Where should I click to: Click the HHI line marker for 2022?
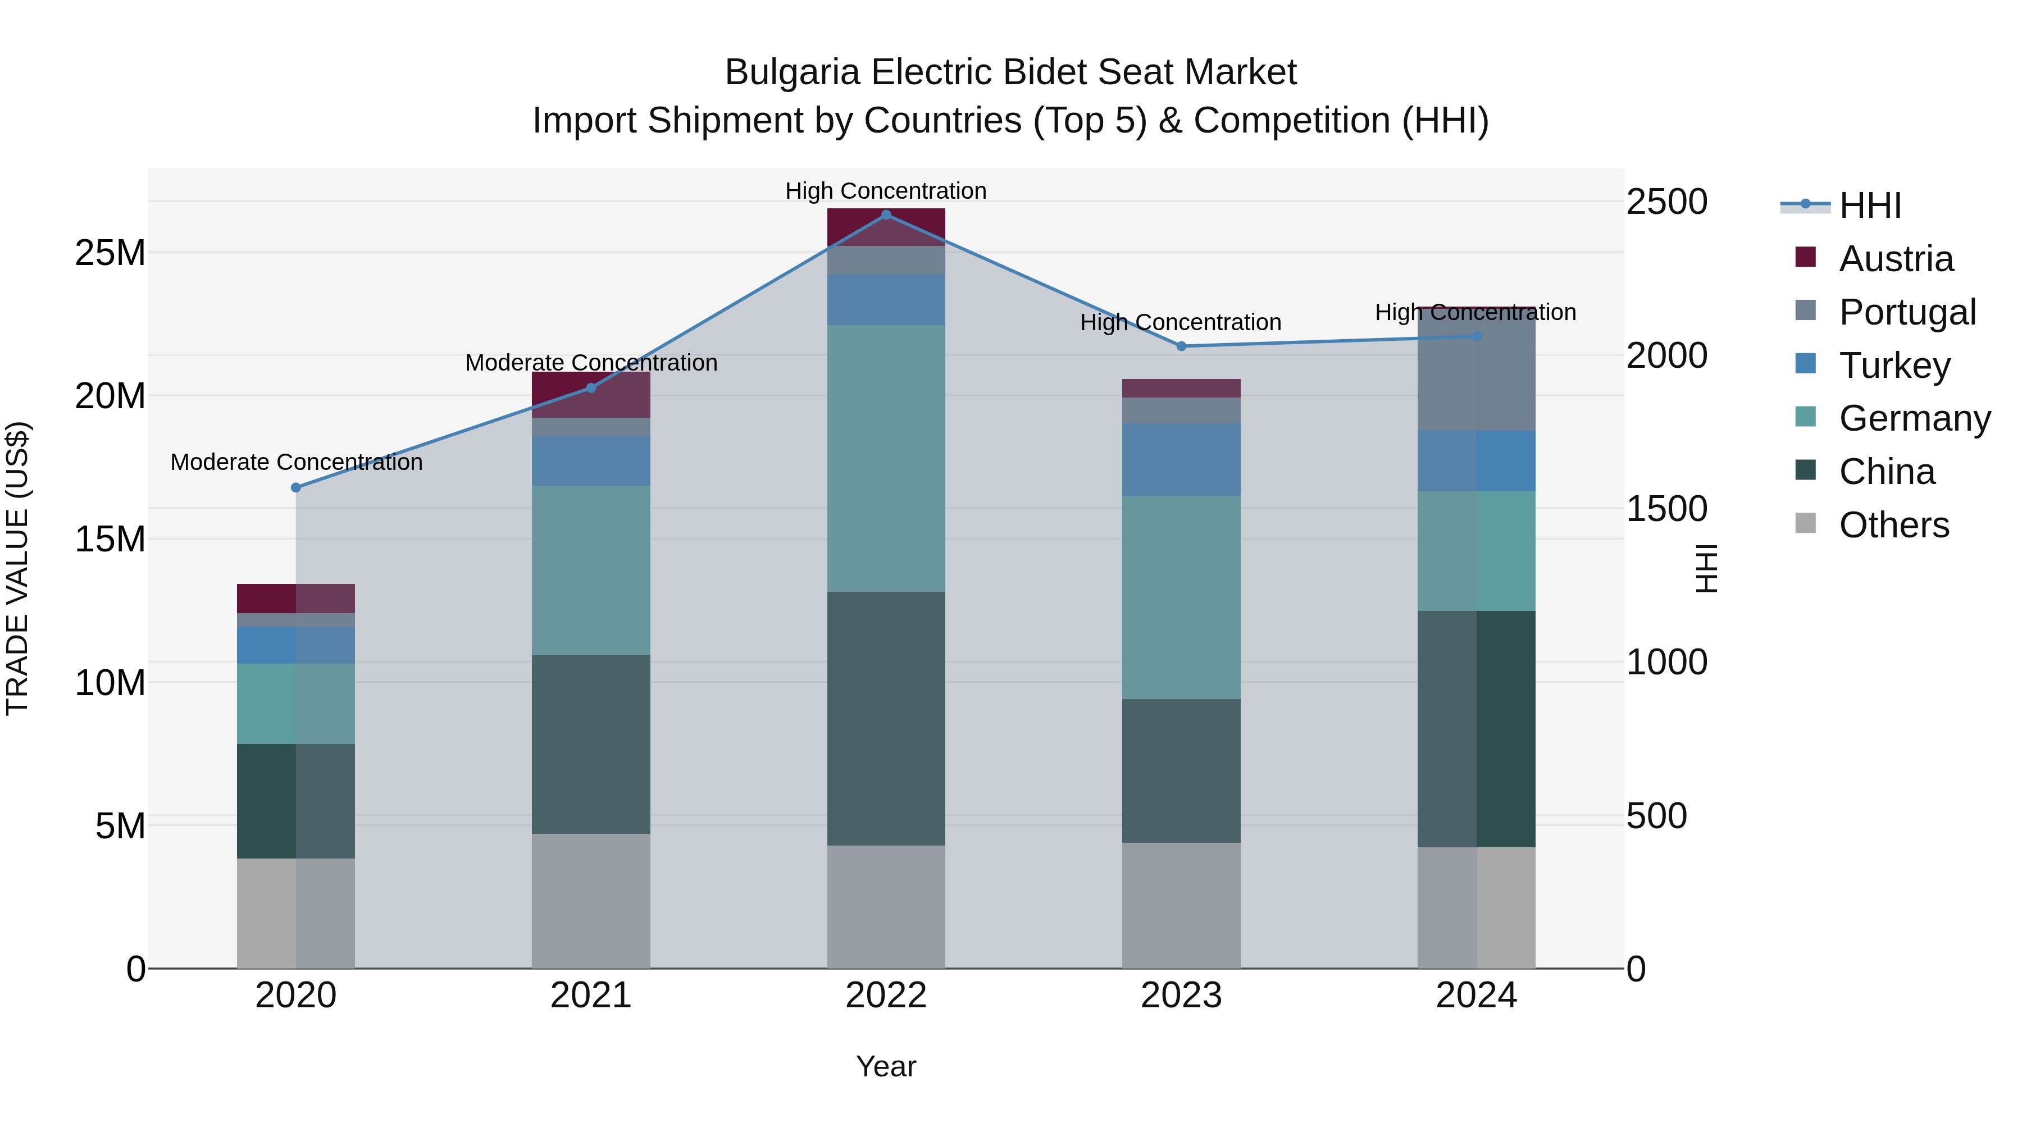coord(886,215)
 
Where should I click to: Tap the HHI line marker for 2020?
coord(296,488)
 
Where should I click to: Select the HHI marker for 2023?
coord(1181,346)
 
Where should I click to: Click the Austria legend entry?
coord(1896,259)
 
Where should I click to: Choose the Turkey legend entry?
coord(1894,366)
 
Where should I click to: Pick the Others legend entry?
coord(1893,525)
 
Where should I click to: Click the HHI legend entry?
coord(1870,206)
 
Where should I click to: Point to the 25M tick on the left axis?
coord(110,253)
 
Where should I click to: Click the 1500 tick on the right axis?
coord(1666,509)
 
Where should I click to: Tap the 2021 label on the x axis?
coord(591,996)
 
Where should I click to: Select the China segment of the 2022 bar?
coord(886,718)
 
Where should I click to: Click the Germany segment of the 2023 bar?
coord(1181,597)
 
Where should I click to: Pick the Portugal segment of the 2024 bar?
coord(1477,369)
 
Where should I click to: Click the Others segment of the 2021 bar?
coord(591,901)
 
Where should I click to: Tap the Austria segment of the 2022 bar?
coord(886,227)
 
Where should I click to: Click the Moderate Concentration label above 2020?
coord(296,462)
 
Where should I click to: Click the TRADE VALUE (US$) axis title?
coord(17,568)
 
